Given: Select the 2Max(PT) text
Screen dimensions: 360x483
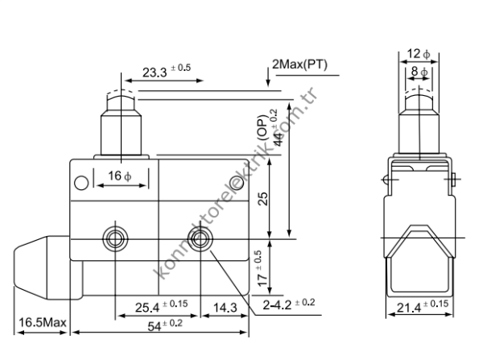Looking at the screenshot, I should [300, 64].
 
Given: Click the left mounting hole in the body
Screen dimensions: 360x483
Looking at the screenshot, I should [114, 238].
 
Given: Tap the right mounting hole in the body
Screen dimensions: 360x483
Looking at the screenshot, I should [199, 238].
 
